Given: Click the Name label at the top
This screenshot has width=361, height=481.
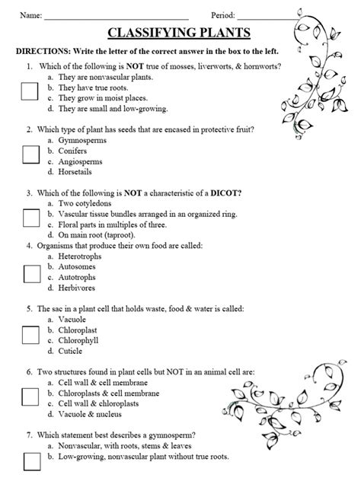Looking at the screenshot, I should [x=30, y=15].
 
